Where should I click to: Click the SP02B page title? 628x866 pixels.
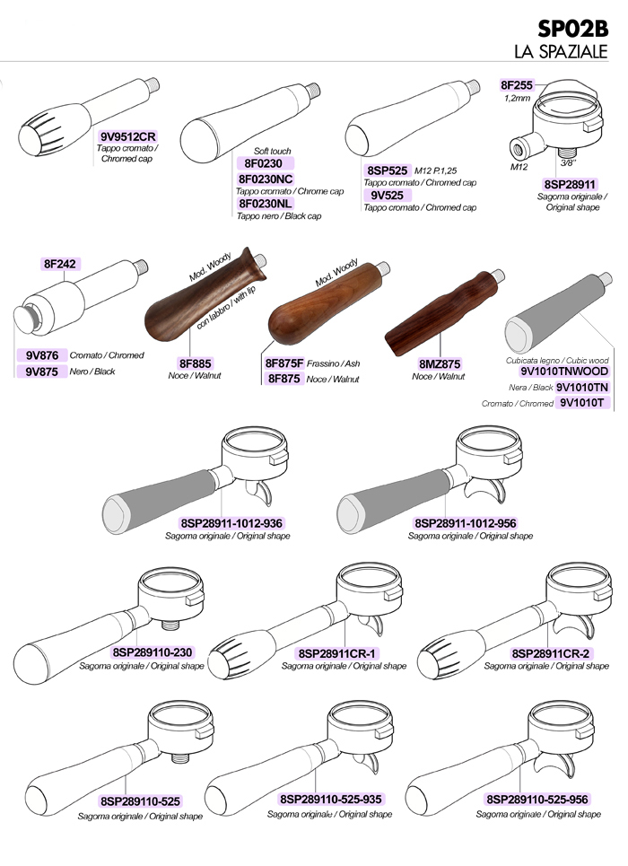(572, 28)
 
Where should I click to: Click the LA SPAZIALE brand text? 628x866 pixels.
(561, 51)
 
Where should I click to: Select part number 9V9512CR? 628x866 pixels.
(128, 136)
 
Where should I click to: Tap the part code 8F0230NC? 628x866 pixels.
(266, 179)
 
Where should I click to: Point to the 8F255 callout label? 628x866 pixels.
(517, 85)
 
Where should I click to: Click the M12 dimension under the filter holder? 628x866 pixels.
(519, 166)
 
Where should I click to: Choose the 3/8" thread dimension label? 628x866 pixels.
(569, 163)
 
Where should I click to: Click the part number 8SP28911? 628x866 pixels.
(570, 185)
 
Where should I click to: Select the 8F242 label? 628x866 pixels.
(59, 264)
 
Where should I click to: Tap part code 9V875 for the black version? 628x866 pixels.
(42, 372)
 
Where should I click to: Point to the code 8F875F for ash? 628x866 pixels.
(284, 363)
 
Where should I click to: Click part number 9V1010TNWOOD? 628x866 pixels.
(564, 372)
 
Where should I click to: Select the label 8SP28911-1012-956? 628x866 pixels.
(466, 523)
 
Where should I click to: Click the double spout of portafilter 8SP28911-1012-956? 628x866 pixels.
(485, 491)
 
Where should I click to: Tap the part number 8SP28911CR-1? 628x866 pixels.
(337, 653)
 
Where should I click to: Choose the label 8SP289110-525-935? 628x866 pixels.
(330, 799)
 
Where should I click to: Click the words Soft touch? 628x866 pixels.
(273, 151)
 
